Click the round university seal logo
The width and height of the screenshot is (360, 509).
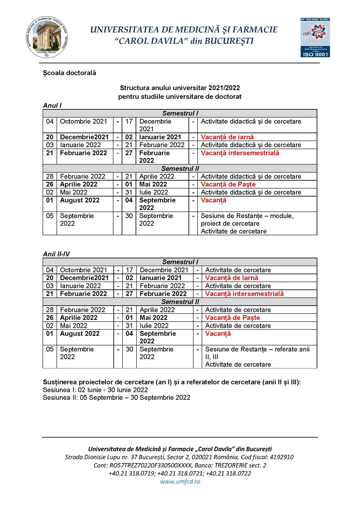[47, 37]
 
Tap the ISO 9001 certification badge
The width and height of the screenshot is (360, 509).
[315, 37]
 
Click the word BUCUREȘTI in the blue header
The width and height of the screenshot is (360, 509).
[229, 41]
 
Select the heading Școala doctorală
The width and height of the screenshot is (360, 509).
[69, 73]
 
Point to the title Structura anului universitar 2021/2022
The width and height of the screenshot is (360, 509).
[180, 88]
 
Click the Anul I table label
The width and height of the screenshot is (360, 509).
[52, 105]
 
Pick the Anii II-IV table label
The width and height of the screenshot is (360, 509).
[56, 254]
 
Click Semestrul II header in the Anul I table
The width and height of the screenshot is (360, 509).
[180, 168]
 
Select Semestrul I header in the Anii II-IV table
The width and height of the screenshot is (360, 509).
[180, 262]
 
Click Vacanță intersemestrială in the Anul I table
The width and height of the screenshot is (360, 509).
[240, 153]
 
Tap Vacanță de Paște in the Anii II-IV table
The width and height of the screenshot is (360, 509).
[232, 318]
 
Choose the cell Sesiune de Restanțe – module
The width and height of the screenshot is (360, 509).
[247, 216]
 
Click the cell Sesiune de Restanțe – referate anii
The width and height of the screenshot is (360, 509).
[257, 349]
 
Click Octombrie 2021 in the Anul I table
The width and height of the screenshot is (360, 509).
[84, 122]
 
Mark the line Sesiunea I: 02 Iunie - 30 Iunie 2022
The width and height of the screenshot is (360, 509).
[95, 390]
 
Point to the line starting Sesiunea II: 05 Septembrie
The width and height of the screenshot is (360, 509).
[116, 398]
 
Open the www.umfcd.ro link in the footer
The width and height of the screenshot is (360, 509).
[180, 481]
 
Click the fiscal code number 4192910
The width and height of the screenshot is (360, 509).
[281, 457]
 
